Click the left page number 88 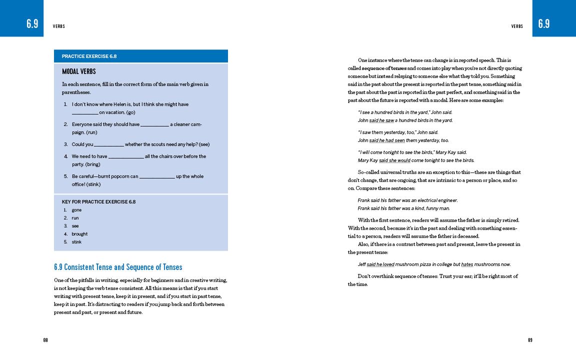pos(45,340)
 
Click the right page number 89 pos(530,340)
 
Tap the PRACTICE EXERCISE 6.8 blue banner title pos(89,56)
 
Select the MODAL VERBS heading pos(79,71)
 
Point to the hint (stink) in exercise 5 pos(93,184)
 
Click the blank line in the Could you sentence pos(109,145)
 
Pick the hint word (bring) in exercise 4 pos(91,164)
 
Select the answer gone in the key pos(76,210)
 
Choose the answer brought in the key pos(79,234)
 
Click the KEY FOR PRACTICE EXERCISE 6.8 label pos(98,202)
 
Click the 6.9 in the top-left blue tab pos(32,23)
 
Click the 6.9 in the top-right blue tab pos(544,23)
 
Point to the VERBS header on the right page pos(517,26)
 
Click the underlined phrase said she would pos(394,160)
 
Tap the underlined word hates pos(467,264)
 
